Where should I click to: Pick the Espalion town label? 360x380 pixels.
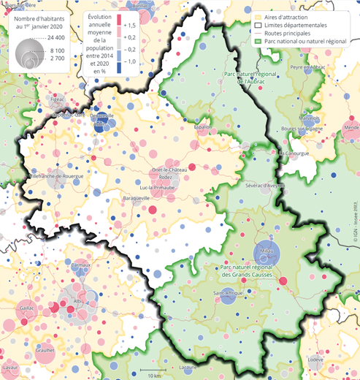click(202, 126)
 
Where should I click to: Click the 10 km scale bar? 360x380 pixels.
click(153, 373)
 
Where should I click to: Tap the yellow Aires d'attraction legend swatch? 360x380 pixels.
click(258, 15)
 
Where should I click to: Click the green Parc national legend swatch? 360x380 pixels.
click(258, 42)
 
